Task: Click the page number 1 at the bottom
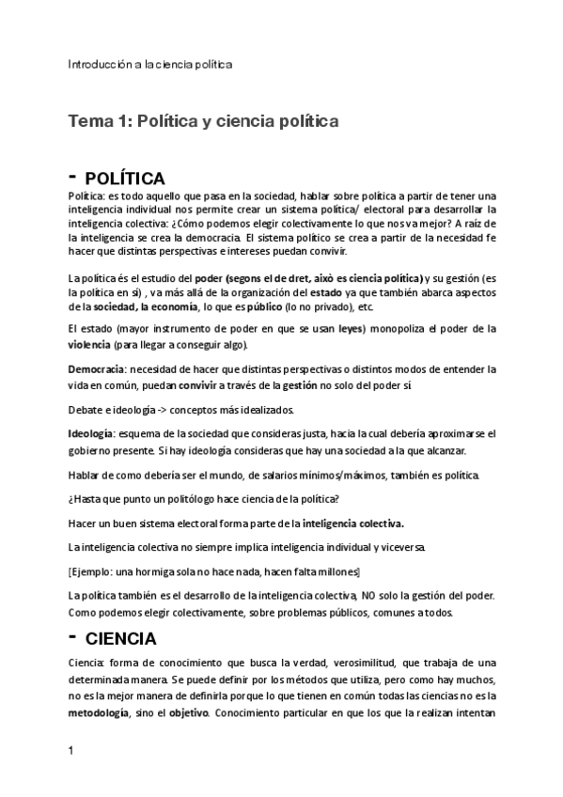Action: point(72,752)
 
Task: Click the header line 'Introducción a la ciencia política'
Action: point(150,64)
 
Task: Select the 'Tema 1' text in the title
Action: point(98,121)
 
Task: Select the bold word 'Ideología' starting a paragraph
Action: point(91,434)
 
